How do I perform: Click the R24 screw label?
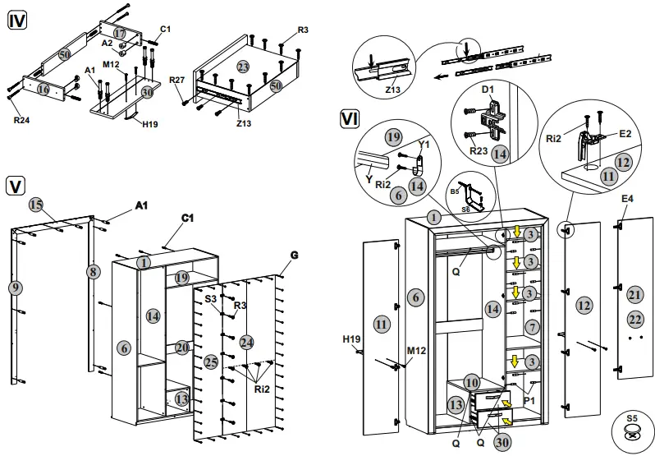click(21, 119)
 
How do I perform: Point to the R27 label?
click(176, 80)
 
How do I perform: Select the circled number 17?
click(120, 33)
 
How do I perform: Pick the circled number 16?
click(43, 89)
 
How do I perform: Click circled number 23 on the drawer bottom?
click(242, 67)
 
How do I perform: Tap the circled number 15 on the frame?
click(35, 204)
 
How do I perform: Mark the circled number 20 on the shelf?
click(182, 348)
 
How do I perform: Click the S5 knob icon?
click(631, 433)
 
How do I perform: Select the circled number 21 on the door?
click(634, 294)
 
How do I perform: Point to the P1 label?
click(529, 400)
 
